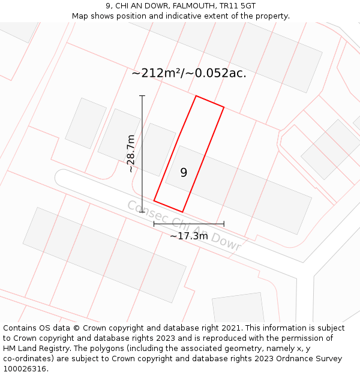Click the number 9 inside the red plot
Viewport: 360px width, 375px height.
(184, 173)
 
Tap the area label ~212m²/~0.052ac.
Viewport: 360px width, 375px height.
(189, 73)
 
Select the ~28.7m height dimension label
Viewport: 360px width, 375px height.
(131, 154)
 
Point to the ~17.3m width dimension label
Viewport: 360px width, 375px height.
(189, 236)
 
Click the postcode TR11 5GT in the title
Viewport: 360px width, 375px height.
(236, 6)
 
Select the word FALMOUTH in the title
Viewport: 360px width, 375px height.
(181, 6)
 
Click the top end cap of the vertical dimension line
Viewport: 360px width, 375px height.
(142, 95)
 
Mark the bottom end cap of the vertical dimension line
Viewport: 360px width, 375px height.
(142, 212)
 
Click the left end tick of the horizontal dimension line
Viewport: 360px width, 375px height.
(154, 224)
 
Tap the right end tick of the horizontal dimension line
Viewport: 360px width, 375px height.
(224, 224)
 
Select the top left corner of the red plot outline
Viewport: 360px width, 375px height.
(196, 96)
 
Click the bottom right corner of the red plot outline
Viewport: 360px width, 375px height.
(182, 212)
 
